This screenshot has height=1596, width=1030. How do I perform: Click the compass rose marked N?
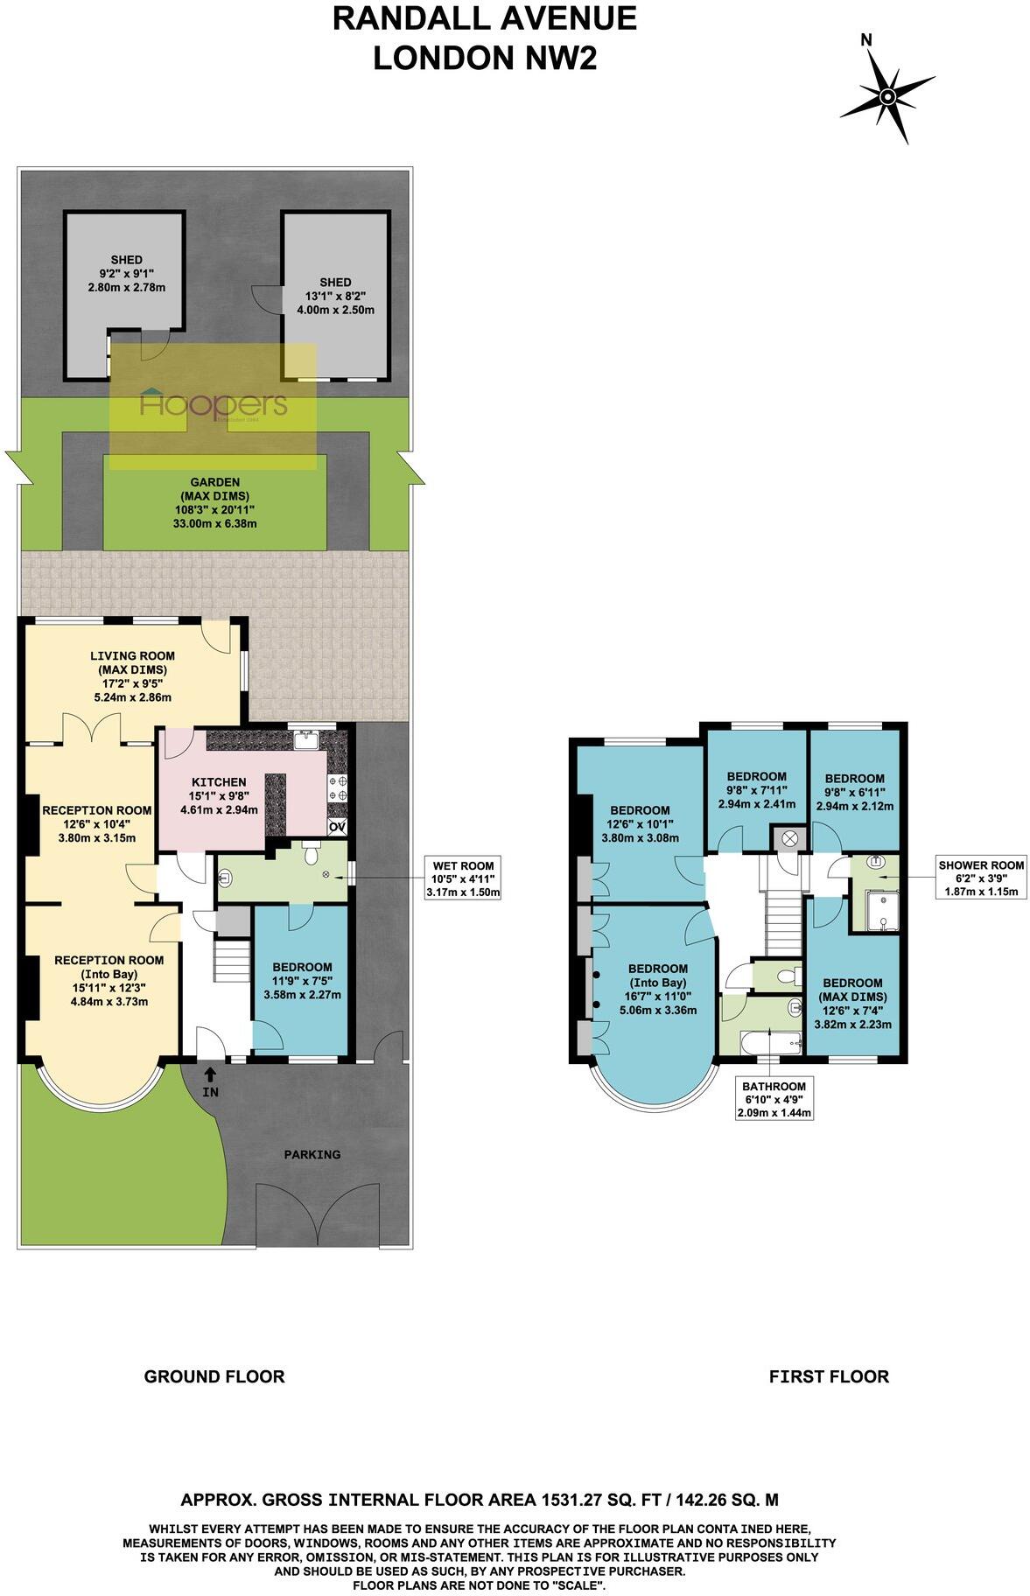[887, 95]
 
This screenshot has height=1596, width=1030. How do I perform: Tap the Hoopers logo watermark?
[214, 405]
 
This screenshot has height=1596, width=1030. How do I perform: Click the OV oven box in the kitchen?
[337, 827]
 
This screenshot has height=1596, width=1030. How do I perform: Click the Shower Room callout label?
[980, 878]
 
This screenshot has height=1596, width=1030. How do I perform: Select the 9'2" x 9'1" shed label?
[126, 274]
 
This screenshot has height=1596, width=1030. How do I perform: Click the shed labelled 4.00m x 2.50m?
[335, 296]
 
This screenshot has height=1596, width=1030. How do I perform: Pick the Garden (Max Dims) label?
[215, 502]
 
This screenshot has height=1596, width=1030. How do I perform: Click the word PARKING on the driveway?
[312, 1154]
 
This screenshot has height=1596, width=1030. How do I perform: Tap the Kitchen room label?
[219, 795]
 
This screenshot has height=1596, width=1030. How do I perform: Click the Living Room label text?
[132, 676]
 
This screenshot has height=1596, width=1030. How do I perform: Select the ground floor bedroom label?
[301, 980]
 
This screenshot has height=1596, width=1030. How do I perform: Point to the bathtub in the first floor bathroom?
[770, 1043]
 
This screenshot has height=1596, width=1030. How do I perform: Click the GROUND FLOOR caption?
[214, 1376]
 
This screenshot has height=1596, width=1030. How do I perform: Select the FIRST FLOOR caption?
[829, 1376]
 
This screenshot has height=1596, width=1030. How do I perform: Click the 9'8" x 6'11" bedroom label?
[854, 791]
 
